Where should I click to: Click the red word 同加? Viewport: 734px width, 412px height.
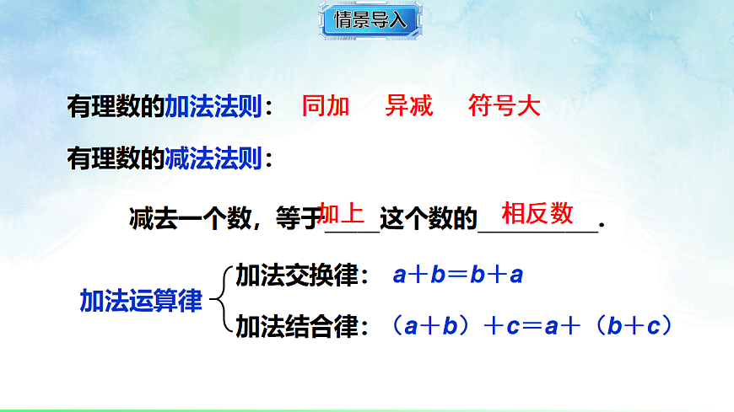pos(326,107)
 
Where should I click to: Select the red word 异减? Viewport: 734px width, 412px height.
pos(409,107)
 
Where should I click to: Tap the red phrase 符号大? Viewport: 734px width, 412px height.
pos(504,107)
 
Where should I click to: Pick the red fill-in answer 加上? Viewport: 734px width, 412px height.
pos(342,213)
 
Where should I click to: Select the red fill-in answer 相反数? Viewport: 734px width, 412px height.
pos(537,213)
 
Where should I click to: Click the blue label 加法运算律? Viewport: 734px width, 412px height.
pos(141,301)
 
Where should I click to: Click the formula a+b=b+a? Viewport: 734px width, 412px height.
pos(458,275)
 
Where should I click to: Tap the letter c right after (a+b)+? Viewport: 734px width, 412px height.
pos(512,327)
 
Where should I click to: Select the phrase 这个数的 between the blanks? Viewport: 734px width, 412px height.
pos(428,219)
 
